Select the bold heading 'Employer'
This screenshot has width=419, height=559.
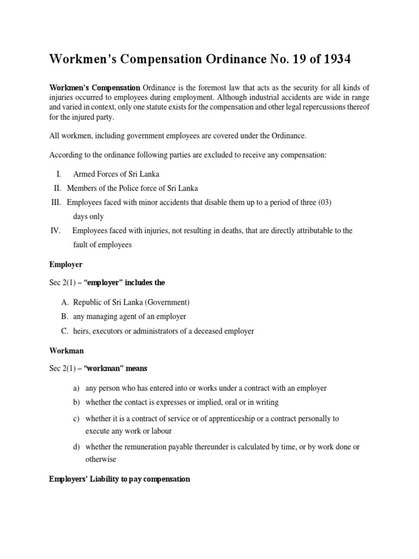(x=66, y=264)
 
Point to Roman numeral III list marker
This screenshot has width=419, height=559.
(x=56, y=202)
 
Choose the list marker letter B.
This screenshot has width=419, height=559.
(x=64, y=317)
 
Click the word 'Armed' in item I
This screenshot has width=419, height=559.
(x=84, y=174)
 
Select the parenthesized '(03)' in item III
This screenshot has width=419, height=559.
(x=323, y=202)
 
